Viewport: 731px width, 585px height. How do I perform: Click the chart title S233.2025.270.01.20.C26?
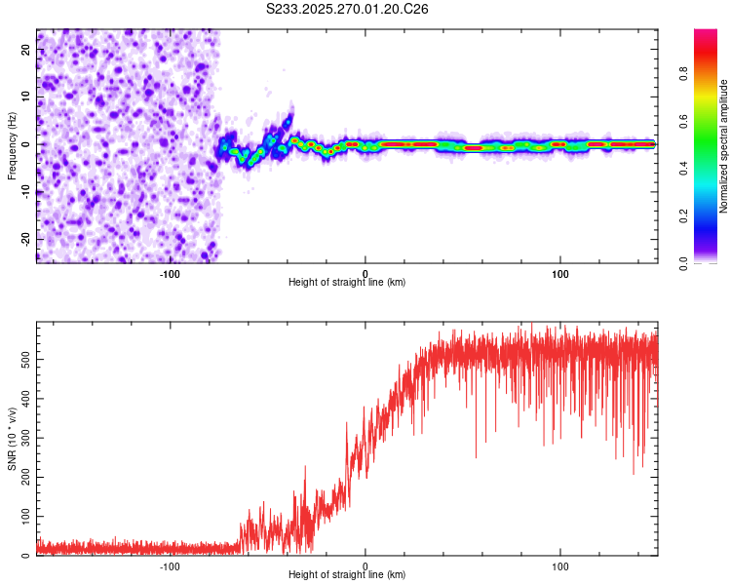(348, 10)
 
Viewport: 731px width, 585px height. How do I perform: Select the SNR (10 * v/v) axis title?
(12, 440)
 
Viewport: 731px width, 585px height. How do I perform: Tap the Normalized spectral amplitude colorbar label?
(724, 146)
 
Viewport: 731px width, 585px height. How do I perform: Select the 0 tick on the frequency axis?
(27, 144)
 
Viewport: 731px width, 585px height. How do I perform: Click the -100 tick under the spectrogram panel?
(171, 272)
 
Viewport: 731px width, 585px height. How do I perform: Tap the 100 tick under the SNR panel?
(560, 565)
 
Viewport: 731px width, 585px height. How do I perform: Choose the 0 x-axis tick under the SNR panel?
(365, 565)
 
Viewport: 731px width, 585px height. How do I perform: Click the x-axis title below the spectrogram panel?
(348, 283)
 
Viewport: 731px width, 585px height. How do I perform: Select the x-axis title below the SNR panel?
(348, 576)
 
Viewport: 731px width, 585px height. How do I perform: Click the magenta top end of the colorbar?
(706, 34)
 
